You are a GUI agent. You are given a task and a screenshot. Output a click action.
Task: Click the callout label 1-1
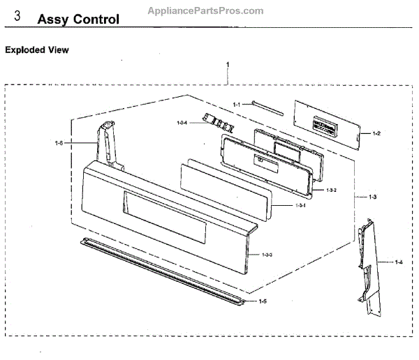(236, 104)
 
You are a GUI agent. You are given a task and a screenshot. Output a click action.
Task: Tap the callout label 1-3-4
(182, 123)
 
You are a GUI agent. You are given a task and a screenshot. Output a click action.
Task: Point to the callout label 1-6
(59, 143)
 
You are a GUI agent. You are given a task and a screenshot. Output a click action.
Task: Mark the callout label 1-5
(263, 301)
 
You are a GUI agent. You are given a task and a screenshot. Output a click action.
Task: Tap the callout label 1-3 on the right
(373, 197)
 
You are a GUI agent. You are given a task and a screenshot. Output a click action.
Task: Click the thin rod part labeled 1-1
(269, 107)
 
